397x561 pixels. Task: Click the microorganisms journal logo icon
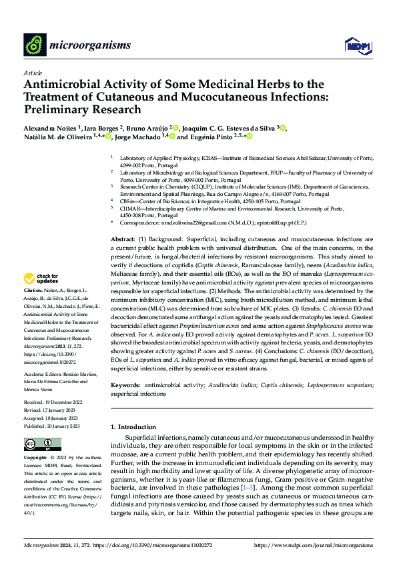(35, 45)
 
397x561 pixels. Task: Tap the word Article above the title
(33, 72)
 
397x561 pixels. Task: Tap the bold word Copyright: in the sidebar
(36, 459)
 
